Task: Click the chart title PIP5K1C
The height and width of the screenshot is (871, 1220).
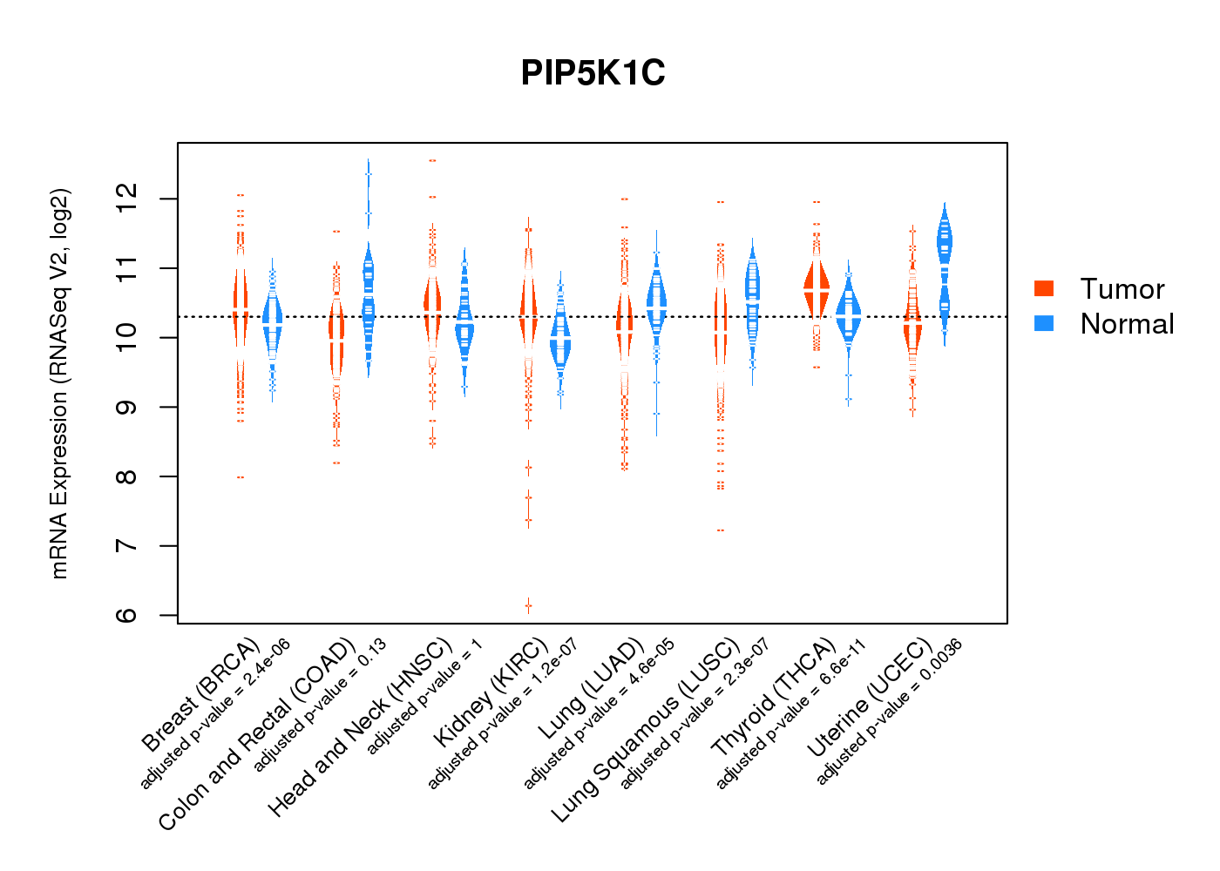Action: coord(593,73)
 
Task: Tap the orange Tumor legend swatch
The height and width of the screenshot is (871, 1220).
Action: coord(1043,288)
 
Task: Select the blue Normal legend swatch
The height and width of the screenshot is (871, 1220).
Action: coord(1043,323)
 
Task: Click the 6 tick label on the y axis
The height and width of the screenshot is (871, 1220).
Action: coord(127,615)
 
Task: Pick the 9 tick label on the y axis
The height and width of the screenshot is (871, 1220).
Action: coord(127,407)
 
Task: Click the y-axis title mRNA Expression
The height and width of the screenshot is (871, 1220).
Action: coord(59,383)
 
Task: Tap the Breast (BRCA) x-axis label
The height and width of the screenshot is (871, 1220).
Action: coord(200,694)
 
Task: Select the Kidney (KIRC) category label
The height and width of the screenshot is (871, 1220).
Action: coord(491,692)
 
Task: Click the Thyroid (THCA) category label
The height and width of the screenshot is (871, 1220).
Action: coord(774,697)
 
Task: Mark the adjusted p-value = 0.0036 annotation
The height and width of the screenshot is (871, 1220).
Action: coord(889,712)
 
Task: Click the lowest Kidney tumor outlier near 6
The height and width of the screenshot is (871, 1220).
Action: coord(528,604)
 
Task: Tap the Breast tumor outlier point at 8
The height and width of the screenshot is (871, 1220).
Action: coord(240,477)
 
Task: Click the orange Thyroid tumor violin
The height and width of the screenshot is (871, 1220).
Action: coord(817,287)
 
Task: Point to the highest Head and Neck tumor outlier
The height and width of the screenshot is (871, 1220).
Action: coord(432,161)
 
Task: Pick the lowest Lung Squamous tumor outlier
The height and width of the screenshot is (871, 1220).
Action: coord(720,530)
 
